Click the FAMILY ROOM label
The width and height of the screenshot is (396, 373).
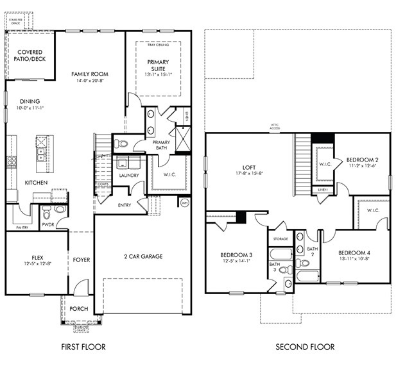point(89,74)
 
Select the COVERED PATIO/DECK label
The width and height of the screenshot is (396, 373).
point(30,55)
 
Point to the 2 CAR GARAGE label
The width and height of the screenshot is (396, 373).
point(142,256)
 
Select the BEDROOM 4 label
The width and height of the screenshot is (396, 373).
point(354,253)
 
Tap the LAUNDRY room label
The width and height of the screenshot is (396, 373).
point(129,175)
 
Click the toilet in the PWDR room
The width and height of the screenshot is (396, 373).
point(59,209)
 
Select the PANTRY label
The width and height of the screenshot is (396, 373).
point(22,226)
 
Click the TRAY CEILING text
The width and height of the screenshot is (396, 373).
point(158,45)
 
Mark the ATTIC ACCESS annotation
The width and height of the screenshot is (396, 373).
point(274,128)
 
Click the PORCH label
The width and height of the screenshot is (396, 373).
point(78,308)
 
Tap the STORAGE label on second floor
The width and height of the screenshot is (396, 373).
point(280,238)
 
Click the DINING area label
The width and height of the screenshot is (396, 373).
point(30,101)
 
